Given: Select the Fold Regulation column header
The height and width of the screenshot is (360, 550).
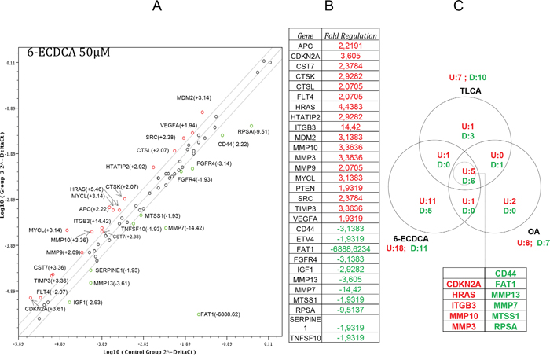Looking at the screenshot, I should pos(355,36).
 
